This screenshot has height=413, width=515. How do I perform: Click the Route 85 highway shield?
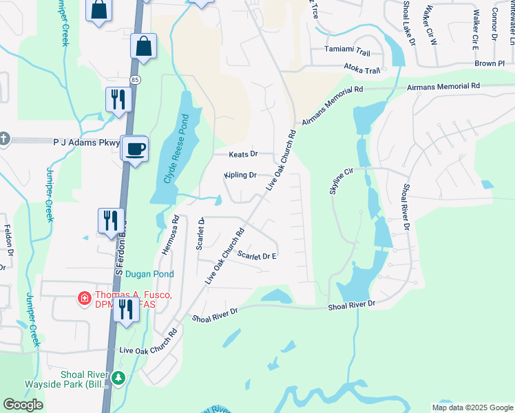(135, 80)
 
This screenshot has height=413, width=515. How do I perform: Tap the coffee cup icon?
(136, 148)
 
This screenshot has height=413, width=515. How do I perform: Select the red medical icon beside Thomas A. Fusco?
(84, 298)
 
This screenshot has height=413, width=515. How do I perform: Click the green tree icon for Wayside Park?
(118, 378)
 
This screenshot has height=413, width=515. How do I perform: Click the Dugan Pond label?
(149, 274)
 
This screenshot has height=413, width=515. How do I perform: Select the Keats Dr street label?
(244, 154)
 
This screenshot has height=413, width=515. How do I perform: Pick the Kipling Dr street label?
(240, 176)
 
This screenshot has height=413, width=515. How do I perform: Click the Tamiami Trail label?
(348, 52)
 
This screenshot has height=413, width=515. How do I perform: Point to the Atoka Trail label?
(362, 70)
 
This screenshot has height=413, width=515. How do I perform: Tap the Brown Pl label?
(490, 63)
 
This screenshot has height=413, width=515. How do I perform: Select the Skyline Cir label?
(341, 180)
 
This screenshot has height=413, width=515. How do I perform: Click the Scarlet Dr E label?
(257, 256)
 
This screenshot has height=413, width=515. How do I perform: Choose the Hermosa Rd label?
(170, 235)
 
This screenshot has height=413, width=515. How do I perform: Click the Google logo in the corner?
(23, 405)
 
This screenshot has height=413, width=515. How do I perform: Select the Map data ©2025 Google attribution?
(472, 407)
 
